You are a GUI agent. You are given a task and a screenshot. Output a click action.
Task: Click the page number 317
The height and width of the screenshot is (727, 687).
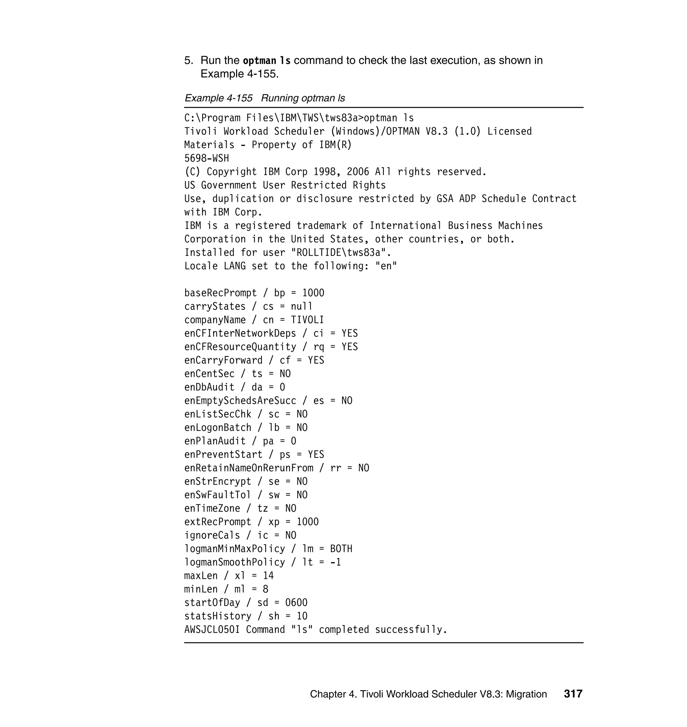pyautogui.click(x=573, y=694)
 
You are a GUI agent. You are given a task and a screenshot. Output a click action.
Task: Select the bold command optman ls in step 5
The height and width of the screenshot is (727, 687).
pyautogui.click(x=267, y=60)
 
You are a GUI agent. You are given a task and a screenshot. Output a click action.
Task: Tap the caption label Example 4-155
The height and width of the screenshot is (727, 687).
pyautogui.click(x=219, y=98)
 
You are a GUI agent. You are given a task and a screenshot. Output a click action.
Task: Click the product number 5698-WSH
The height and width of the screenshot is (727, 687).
pyautogui.click(x=207, y=158)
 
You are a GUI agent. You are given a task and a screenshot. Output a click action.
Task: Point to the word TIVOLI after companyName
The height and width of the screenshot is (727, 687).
pyautogui.click(x=307, y=320)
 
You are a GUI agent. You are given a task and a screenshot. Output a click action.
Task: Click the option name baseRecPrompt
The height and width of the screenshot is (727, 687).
pyautogui.click(x=220, y=293)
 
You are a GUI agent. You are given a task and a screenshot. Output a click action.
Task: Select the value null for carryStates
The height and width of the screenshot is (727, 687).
pyautogui.click(x=302, y=306)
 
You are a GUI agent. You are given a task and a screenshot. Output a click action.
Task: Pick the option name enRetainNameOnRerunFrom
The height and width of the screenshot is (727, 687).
pyautogui.click(x=249, y=468)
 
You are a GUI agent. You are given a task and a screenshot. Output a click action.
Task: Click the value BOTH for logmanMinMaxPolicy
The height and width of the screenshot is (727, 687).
pyautogui.click(x=341, y=549)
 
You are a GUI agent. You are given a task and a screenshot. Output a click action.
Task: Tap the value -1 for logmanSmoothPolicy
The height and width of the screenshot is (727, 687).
pyautogui.click(x=335, y=562)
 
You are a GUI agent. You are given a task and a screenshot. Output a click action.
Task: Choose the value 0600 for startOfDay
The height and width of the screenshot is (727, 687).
pyautogui.click(x=296, y=603)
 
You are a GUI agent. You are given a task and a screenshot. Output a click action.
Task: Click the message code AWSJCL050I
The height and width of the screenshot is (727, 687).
pyautogui.click(x=212, y=630)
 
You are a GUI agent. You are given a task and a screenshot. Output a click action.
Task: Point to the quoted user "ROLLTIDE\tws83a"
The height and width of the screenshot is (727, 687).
pyautogui.click(x=341, y=253)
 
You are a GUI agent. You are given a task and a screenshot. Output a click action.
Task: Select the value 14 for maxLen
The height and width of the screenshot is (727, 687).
pyautogui.click(x=268, y=576)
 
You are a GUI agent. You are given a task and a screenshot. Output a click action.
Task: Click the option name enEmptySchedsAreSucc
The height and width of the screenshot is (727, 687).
pyautogui.click(x=240, y=400)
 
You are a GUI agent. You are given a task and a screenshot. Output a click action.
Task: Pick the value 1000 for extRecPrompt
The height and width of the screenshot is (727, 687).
pyautogui.click(x=308, y=522)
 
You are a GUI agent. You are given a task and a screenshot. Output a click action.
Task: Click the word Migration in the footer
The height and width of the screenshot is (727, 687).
pyautogui.click(x=526, y=694)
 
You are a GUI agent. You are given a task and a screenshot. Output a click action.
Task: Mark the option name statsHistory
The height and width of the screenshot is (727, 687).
pyautogui.click(x=218, y=616)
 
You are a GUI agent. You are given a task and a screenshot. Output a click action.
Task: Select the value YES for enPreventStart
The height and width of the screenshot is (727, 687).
pyautogui.click(x=316, y=454)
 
